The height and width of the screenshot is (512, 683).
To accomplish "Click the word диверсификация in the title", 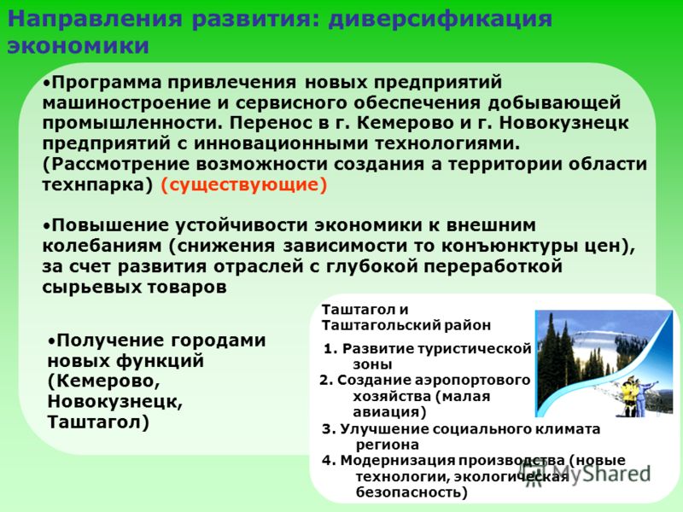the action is coord(440,20).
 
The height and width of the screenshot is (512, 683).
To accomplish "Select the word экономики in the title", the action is coord(79,46).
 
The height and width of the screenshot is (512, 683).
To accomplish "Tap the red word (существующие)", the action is coord(244,185).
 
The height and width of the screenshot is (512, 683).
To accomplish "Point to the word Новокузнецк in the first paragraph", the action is coord(564,123).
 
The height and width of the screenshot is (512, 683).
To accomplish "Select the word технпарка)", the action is coord(98,185).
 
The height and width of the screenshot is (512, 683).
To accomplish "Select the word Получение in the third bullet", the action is coord(110,340).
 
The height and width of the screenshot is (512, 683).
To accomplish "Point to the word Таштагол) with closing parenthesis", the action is coord(98,422).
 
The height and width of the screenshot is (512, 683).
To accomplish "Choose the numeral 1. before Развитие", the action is coord(330,349).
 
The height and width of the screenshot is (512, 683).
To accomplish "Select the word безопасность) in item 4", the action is coord(412,492).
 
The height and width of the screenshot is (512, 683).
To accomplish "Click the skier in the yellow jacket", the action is coord(629,397).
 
